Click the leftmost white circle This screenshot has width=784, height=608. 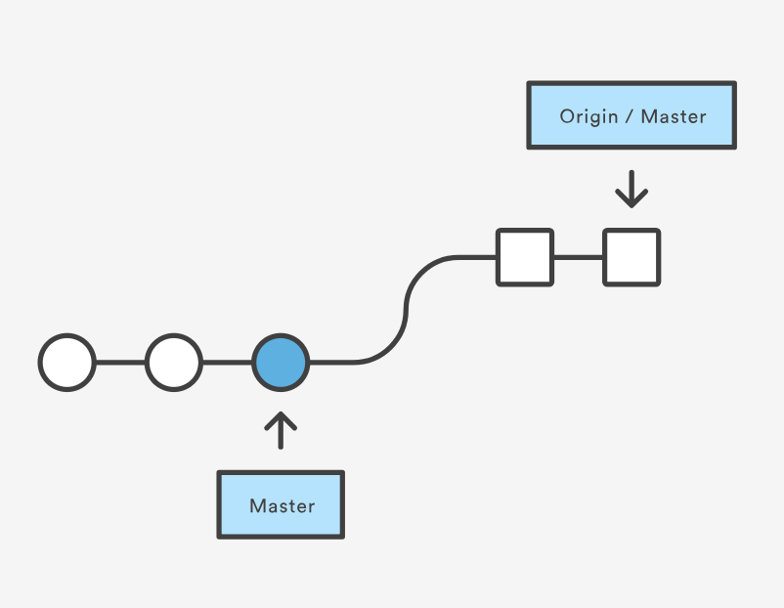pyautogui.click(x=67, y=362)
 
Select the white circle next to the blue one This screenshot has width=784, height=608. pyautogui.click(x=174, y=362)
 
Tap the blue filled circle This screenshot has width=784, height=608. pyautogui.click(x=281, y=362)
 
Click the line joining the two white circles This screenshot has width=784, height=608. pyautogui.click(x=120, y=362)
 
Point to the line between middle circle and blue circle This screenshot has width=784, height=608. pyautogui.click(x=227, y=362)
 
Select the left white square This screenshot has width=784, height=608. pyautogui.click(x=525, y=257)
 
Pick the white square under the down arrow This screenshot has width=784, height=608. pyautogui.click(x=632, y=257)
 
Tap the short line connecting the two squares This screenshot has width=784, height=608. pyautogui.click(x=578, y=257)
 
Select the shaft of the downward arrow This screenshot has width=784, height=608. pyautogui.click(x=632, y=184)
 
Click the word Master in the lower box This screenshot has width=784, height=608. pyautogui.click(x=282, y=506)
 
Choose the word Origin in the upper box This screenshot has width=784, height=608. pyautogui.click(x=588, y=116)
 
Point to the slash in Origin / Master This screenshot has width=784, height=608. pyautogui.click(x=630, y=116)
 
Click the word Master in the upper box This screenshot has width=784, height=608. pyautogui.click(x=674, y=116)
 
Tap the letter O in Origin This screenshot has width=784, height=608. pyautogui.click(x=567, y=116)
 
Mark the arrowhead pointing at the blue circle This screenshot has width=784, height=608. pyautogui.click(x=281, y=417)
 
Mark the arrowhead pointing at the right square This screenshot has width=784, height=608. pyautogui.click(x=632, y=200)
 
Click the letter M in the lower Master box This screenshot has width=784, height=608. pyautogui.click(x=257, y=506)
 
